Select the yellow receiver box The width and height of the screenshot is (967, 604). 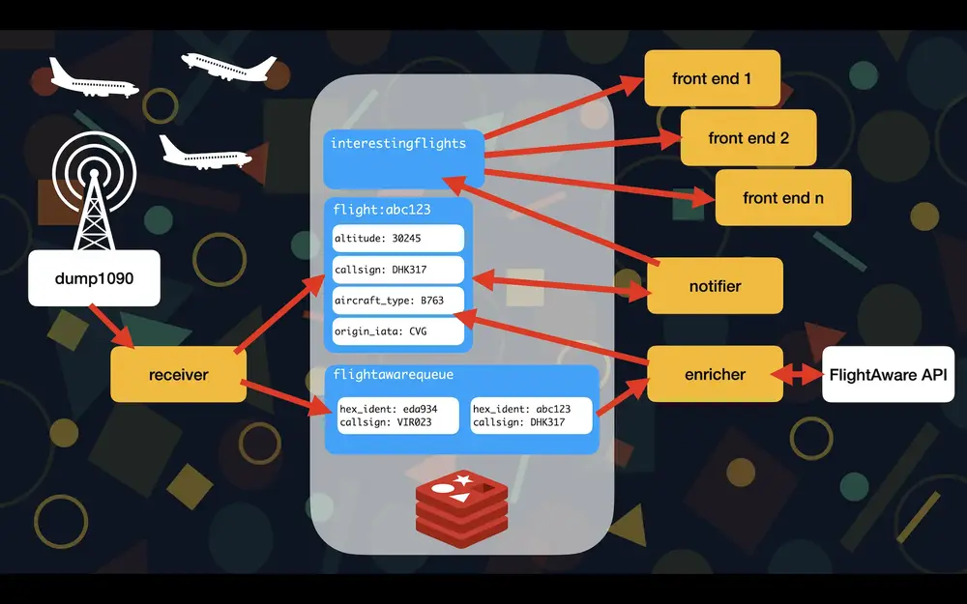point(178,374)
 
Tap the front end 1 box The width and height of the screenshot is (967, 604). point(712,78)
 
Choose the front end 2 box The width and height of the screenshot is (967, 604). point(748,137)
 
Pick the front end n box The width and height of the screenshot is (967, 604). point(783,198)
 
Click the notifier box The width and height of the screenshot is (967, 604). point(715,286)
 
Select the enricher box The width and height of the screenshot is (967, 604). point(715,374)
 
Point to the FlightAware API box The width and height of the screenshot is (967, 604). point(888,374)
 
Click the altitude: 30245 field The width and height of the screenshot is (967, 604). point(398,239)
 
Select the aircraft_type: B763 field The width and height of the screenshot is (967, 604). point(398,300)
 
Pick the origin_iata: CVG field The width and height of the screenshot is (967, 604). point(398,331)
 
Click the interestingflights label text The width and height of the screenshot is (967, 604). point(398,144)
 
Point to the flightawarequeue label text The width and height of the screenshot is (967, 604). point(393,374)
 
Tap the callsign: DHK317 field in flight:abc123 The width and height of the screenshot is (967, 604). point(398,270)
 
